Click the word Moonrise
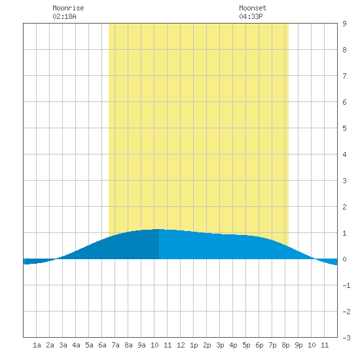pyautogui.click(x=68, y=8)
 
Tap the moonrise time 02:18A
pyautogui.click(x=64, y=16)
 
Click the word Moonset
pyautogui.click(x=253, y=8)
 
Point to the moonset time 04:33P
pyautogui.click(x=251, y=16)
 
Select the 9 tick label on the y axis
pyautogui.click(x=344, y=24)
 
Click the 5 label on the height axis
pyautogui.click(x=344, y=128)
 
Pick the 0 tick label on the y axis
pyautogui.click(x=344, y=259)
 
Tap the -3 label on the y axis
pyautogui.click(x=346, y=338)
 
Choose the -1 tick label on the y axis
pyautogui.click(x=346, y=285)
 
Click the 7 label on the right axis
pyautogui.click(x=344, y=76)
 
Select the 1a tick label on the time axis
pyautogui.click(x=37, y=345)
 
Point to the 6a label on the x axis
pyautogui.click(x=102, y=345)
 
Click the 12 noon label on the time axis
pyautogui.click(x=181, y=345)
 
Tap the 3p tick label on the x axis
pyautogui.click(x=220, y=345)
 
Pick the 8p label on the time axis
pyautogui.click(x=285, y=345)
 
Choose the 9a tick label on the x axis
pyautogui.click(x=141, y=345)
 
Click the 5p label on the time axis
pyautogui.click(x=246, y=345)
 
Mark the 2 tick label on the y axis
pyautogui.click(x=344, y=207)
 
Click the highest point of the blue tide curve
pyautogui.click(x=157, y=229)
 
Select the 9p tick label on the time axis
pyautogui.click(x=298, y=345)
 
